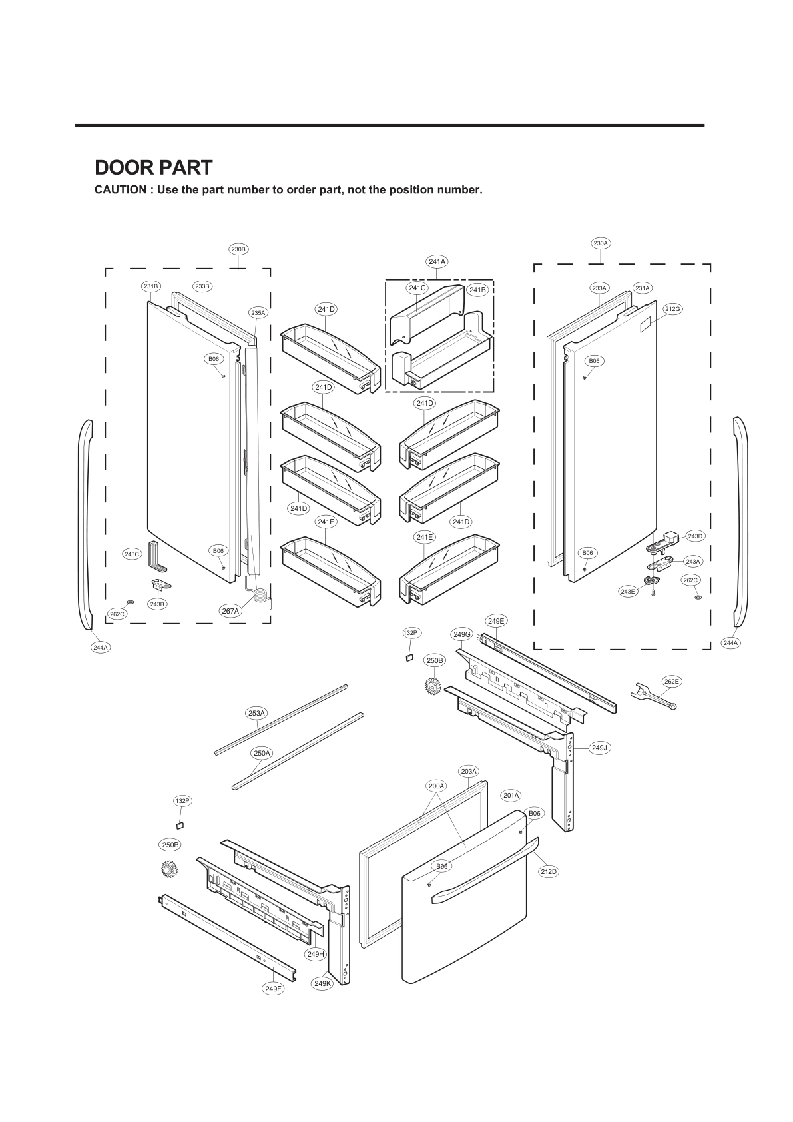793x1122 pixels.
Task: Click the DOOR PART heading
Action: [153, 167]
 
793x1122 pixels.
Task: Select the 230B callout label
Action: [238, 249]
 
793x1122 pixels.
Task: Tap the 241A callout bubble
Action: [437, 261]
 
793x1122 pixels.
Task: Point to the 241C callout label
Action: [417, 288]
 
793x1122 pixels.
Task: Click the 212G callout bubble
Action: [672, 309]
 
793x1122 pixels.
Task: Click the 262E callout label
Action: [672, 681]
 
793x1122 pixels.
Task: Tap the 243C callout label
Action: [132, 554]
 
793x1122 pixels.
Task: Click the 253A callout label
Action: [256, 713]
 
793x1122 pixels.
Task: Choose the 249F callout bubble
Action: [273, 989]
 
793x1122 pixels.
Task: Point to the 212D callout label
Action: [549, 871]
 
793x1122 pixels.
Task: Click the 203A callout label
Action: [469, 771]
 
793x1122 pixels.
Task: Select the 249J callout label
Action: [600, 748]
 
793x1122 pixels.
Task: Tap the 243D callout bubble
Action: [694, 536]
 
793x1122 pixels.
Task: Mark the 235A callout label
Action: [258, 312]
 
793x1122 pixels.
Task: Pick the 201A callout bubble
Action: [511, 795]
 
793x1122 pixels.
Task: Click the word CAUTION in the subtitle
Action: [120, 190]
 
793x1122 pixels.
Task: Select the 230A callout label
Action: [601, 243]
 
